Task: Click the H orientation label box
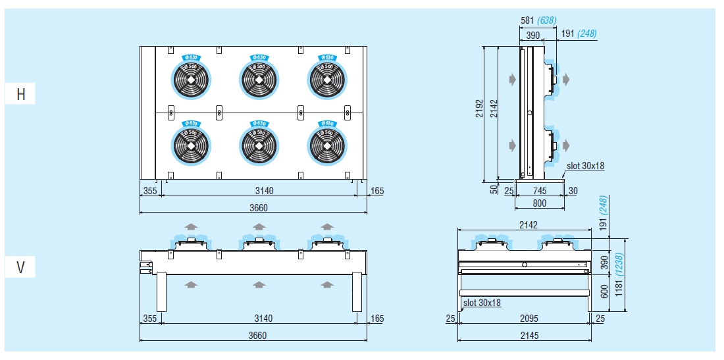point(21,94)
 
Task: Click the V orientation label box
point(21,268)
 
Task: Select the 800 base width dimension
point(539,203)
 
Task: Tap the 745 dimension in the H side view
point(539,191)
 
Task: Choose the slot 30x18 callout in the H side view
point(585,166)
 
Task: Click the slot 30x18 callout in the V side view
point(482,303)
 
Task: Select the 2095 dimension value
point(529,319)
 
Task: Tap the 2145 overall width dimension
point(529,336)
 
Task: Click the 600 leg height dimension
point(605,292)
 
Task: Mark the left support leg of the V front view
point(162,292)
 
